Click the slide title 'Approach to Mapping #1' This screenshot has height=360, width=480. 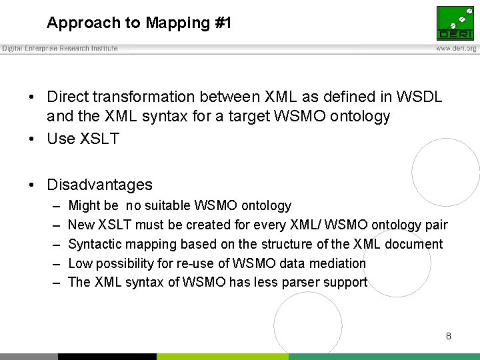[139, 23]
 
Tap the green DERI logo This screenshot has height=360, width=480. [455, 23]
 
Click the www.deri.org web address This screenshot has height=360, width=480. [456, 49]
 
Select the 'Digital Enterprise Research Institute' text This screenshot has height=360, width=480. [60, 49]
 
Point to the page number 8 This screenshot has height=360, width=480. [449, 336]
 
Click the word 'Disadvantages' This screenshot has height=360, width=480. [99, 185]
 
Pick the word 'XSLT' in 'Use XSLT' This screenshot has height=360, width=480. [98, 139]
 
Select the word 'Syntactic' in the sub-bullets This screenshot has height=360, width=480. [95, 244]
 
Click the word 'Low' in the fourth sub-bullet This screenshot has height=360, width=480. [79, 263]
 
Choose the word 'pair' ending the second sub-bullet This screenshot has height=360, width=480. [436, 225]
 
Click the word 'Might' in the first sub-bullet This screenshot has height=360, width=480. [84, 206]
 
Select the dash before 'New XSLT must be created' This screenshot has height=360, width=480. [53, 225]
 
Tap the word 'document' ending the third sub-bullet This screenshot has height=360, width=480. [415, 244]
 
